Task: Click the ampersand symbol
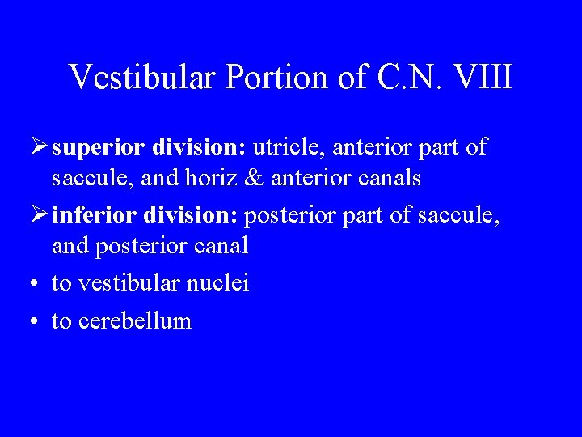pyautogui.click(x=257, y=178)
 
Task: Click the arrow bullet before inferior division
pyautogui.click(x=37, y=216)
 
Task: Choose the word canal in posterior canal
pyautogui.click(x=220, y=246)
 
